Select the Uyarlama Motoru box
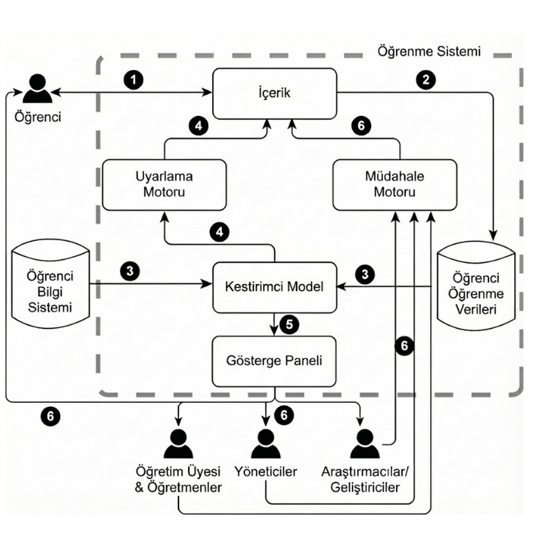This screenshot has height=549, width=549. click(164, 183)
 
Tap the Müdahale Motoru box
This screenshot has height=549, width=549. click(395, 183)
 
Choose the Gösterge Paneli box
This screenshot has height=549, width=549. click(274, 360)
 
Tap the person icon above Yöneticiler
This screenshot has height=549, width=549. click(266, 444)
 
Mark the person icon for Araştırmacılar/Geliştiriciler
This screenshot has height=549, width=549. click(364, 444)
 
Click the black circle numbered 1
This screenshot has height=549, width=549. click(135, 79)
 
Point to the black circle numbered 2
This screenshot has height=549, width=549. click(426, 79)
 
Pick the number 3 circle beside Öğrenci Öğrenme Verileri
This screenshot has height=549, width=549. click(366, 274)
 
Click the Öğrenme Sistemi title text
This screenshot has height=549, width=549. click(428, 51)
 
